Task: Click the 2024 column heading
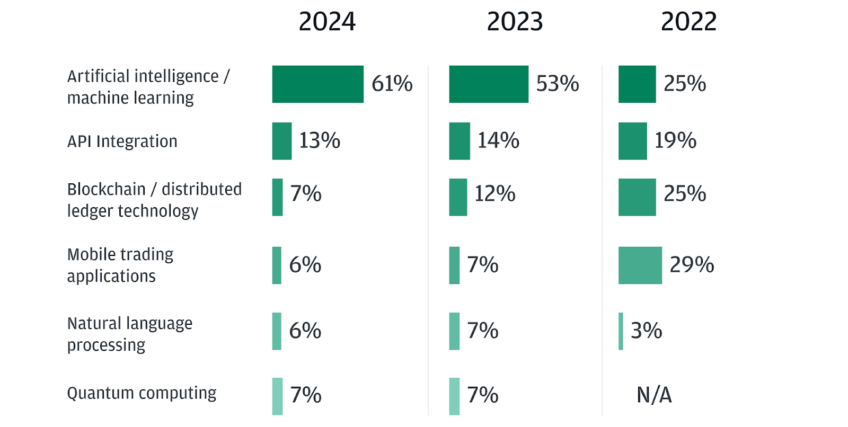click(x=327, y=22)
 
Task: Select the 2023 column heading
click(x=515, y=22)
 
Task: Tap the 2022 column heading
click(x=688, y=22)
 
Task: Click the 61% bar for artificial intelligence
click(x=317, y=84)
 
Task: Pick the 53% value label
click(x=558, y=84)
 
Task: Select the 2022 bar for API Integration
click(x=632, y=141)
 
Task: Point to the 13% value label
click(x=320, y=140)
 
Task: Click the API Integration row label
click(x=122, y=141)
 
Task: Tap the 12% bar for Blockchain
click(x=458, y=197)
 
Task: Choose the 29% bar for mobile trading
click(x=640, y=265)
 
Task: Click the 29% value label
click(x=692, y=264)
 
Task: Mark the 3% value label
click(x=646, y=331)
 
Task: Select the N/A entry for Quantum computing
click(x=654, y=395)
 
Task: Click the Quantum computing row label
click(x=142, y=393)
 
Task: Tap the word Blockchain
click(x=106, y=189)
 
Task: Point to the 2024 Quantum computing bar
click(x=277, y=396)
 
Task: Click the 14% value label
click(x=498, y=140)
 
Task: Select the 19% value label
click(x=675, y=140)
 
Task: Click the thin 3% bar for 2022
click(x=621, y=331)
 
